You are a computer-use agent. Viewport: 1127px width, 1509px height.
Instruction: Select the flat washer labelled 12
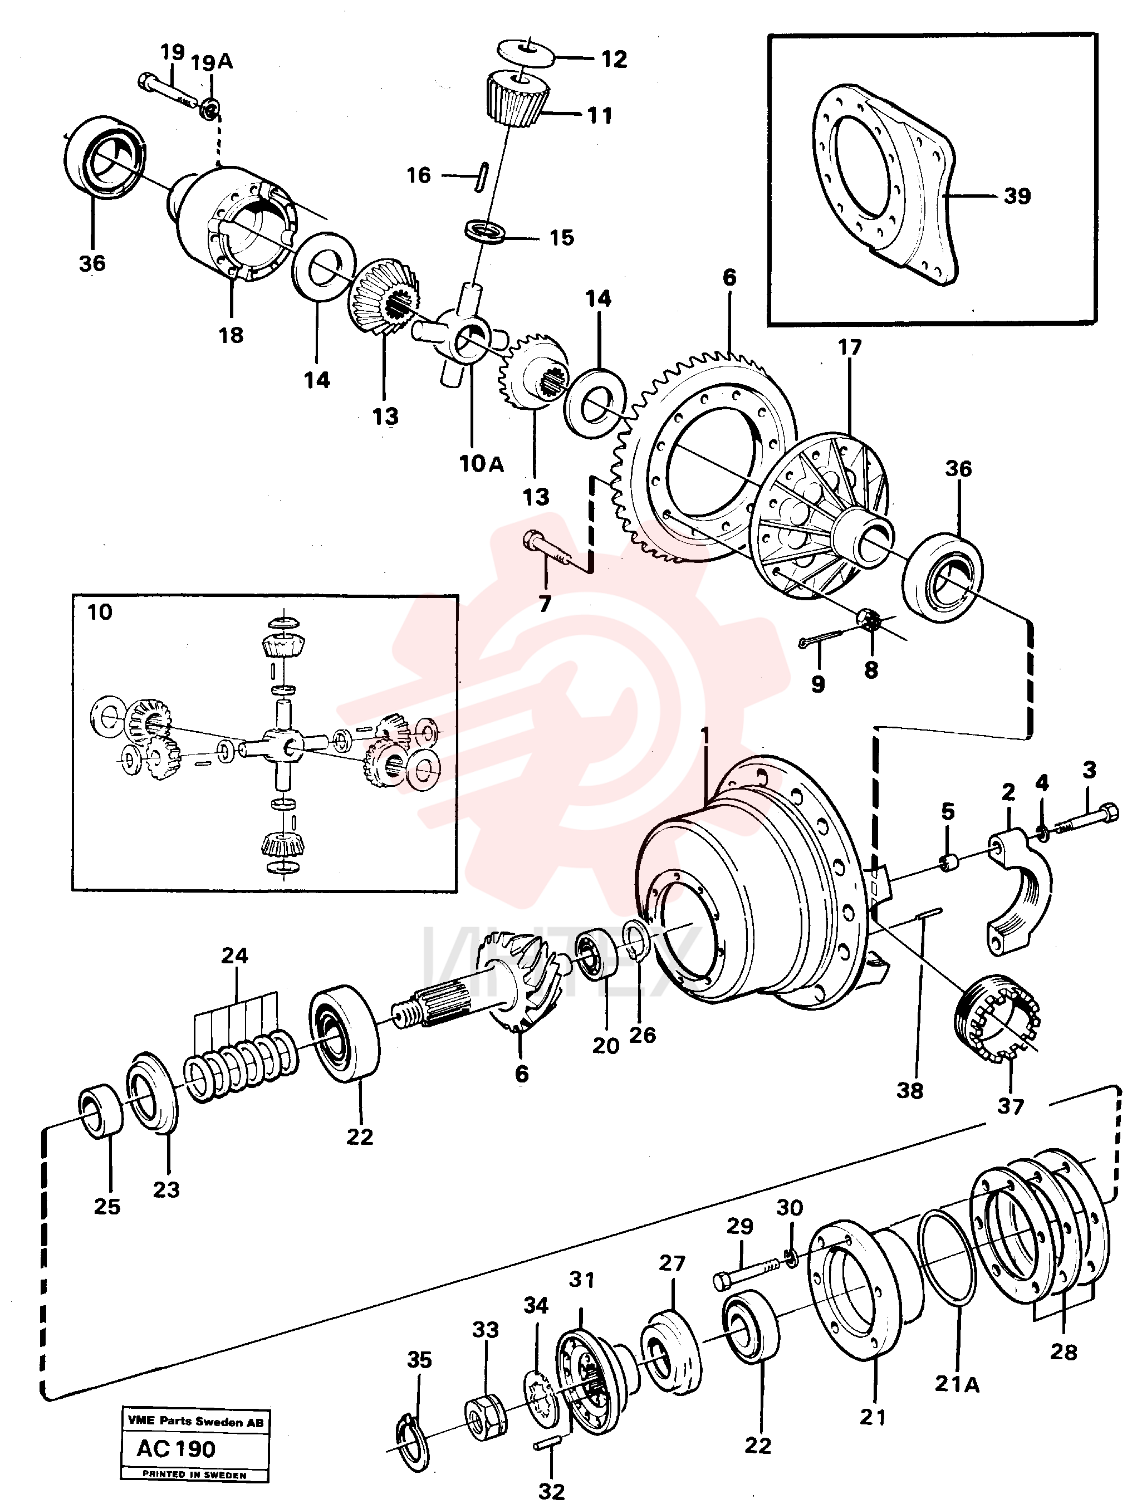coord(525,51)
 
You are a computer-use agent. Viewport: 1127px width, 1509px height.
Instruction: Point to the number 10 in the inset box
coord(100,612)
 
